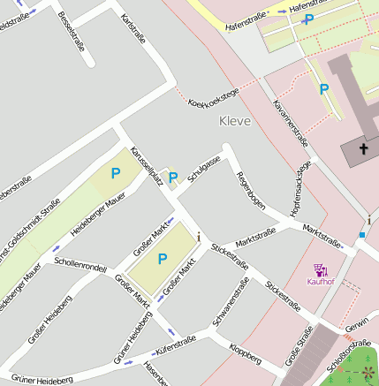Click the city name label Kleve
pos(235,121)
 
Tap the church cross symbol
pos(363,148)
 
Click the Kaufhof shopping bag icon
pos(321,269)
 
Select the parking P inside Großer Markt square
pos(162,259)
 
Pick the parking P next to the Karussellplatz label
pos(173,178)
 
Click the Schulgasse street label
pos(204,169)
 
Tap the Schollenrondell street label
pos(80,265)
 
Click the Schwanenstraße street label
pos(230,303)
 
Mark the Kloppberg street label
pos(244,354)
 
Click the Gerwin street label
pos(357,325)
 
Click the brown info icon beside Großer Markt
pos(200,236)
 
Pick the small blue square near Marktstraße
pos(361,235)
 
